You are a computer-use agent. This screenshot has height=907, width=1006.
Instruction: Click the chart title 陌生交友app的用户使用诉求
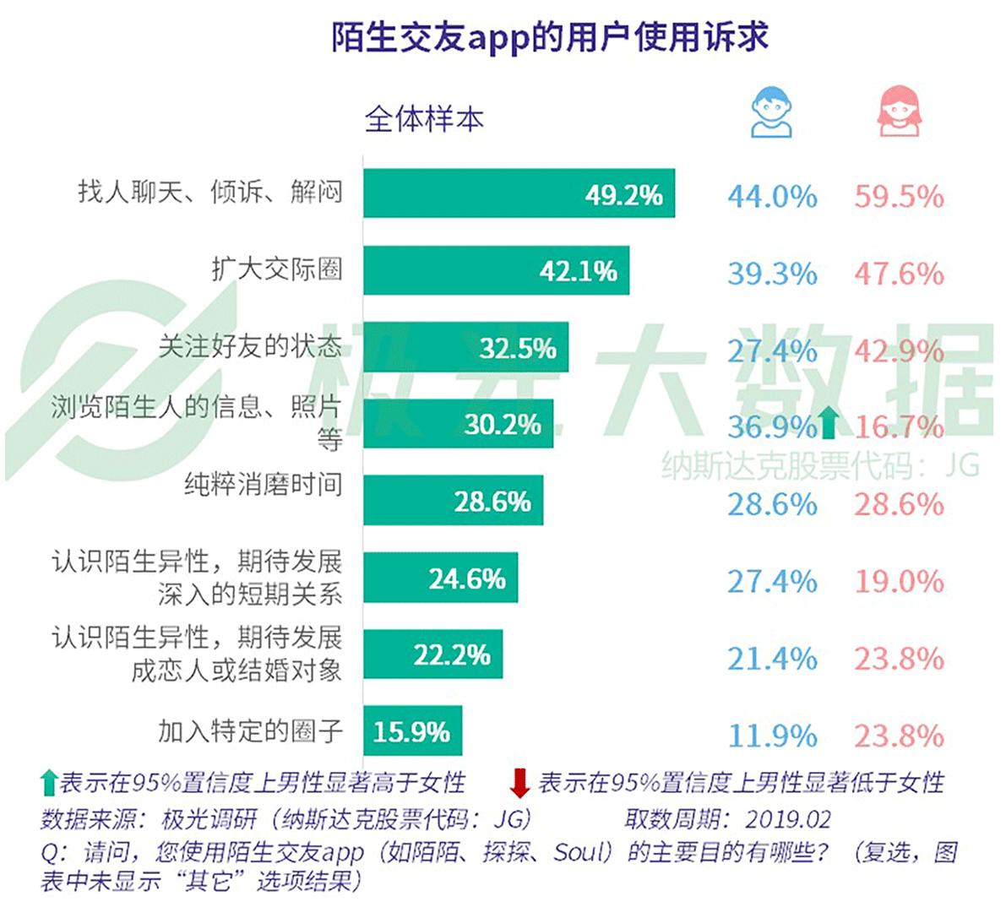549,38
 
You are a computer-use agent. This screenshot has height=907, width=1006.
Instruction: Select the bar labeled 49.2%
519,193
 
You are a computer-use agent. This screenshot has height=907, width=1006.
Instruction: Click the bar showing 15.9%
412,730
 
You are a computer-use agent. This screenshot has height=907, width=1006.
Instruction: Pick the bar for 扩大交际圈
496,270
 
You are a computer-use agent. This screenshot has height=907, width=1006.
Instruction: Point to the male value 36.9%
771,426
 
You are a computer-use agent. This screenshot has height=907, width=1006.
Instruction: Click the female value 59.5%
899,197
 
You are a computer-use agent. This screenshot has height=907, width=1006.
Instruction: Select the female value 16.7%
899,426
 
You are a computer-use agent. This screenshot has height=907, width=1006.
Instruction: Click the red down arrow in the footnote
519,783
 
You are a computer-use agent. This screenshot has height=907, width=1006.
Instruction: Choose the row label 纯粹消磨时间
264,485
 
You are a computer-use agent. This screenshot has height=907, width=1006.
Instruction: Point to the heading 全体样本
424,119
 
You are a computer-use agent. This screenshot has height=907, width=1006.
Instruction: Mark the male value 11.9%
771,736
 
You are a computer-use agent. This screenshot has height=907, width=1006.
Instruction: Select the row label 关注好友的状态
250,346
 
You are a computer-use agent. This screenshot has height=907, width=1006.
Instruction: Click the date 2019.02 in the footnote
788,818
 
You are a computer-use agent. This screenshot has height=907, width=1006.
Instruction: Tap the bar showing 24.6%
440,578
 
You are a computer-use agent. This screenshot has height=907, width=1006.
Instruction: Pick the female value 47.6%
899,274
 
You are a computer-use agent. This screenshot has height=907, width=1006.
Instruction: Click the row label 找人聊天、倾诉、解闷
210,192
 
